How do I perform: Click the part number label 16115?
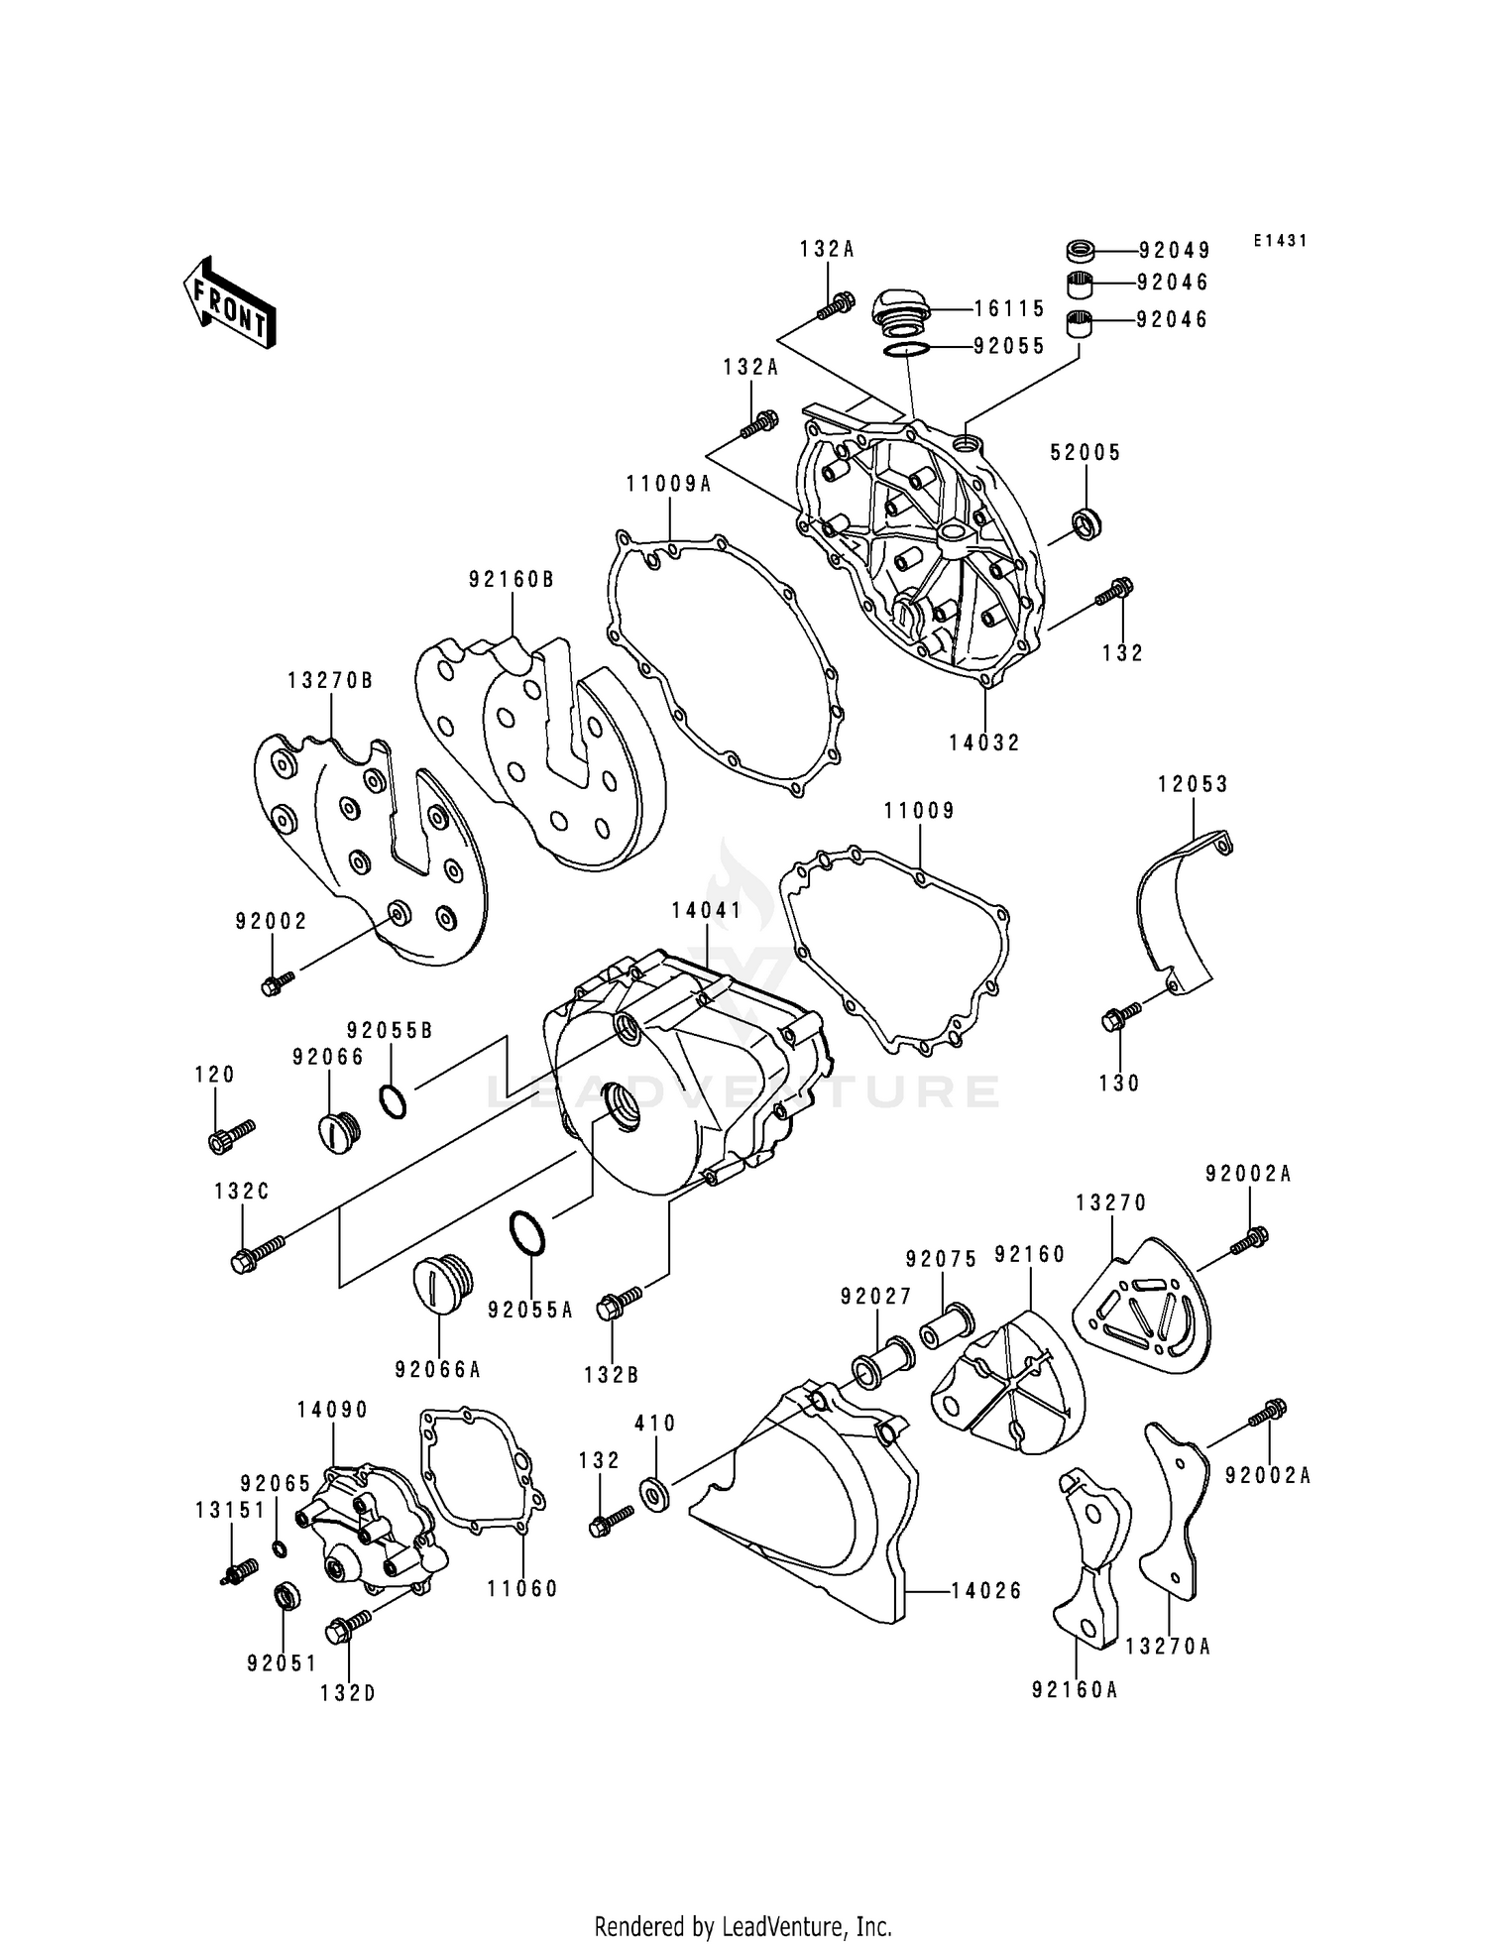(x=1009, y=308)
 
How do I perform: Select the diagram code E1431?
(x=1280, y=241)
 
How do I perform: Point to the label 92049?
(x=1174, y=251)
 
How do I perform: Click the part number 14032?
(x=984, y=743)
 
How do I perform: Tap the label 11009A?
(x=669, y=484)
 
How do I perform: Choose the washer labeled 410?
(x=654, y=1493)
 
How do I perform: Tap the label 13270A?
(x=1168, y=1647)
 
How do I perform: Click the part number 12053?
(x=1193, y=784)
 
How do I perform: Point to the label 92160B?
(x=512, y=579)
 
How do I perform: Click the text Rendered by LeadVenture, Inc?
(x=743, y=1926)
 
